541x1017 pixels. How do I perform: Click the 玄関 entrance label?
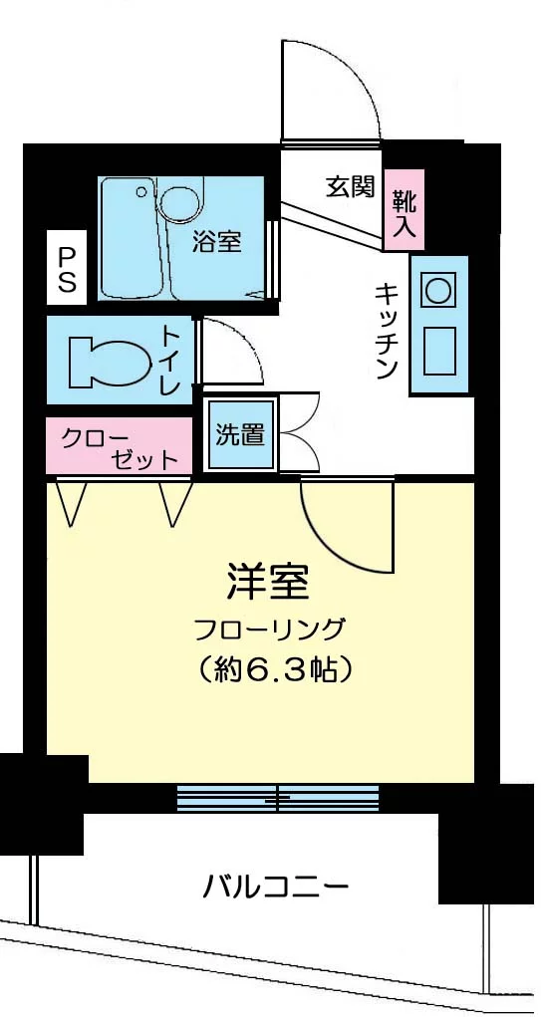click(x=350, y=186)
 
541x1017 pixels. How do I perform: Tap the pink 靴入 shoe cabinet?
click(x=405, y=212)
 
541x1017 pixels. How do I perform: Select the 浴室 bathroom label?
click(x=216, y=240)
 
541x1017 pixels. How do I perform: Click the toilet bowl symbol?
click(x=107, y=361)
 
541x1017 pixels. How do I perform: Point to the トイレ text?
click(x=170, y=360)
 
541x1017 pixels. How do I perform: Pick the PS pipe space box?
click(x=67, y=269)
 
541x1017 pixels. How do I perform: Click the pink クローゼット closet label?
click(x=119, y=446)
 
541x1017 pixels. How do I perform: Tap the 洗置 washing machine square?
click(x=240, y=434)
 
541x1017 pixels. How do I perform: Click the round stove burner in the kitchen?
click(x=437, y=291)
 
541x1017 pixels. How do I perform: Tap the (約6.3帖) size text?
click(x=270, y=668)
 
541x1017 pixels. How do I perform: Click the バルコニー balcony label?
click(x=276, y=884)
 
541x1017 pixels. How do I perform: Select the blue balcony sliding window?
click(x=278, y=798)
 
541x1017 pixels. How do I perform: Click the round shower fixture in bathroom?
click(x=179, y=203)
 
